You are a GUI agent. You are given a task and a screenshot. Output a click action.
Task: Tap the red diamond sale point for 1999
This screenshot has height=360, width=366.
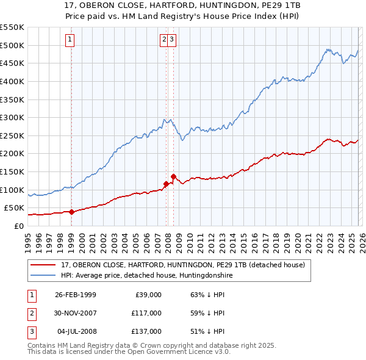71,212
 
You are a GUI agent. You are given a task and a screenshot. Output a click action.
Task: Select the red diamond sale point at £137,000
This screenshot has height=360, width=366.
173,176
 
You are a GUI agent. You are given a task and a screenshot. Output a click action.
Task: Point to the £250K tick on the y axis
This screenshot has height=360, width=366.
15,135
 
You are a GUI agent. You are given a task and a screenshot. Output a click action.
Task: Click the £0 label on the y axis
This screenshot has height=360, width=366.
19,226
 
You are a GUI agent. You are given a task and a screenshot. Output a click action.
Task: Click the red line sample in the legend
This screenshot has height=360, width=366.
43,265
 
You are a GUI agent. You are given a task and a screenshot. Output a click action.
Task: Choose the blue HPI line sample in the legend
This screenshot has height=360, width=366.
43,276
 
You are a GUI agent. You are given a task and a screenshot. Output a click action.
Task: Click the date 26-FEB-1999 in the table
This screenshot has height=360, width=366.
76,295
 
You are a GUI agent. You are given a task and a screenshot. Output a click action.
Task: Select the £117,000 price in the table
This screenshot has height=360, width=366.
146,313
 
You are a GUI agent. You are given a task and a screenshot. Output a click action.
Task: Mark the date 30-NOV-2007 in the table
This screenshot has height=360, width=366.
76,313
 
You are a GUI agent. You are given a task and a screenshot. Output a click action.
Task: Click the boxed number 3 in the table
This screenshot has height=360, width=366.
31,331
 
